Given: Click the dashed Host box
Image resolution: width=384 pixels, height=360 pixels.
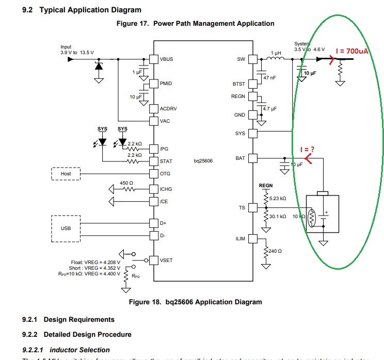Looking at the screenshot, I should click(x=66, y=174).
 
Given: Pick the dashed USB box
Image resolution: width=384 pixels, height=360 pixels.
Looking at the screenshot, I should click(x=66, y=228).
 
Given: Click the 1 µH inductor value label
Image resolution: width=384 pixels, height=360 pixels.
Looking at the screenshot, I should click(x=276, y=54).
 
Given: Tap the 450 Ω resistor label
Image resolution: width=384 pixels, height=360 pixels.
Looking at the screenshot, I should click(x=127, y=183).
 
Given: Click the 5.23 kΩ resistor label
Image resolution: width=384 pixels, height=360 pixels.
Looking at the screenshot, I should click(x=277, y=198).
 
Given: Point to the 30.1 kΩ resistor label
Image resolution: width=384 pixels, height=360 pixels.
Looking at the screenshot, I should click(x=277, y=216).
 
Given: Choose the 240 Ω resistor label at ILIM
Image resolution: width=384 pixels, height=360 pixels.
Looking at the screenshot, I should click(x=275, y=251).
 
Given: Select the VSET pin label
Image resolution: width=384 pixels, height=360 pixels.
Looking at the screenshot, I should click(x=167, y=260).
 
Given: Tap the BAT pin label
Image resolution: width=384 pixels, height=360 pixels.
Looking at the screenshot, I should click(x=239, y=158).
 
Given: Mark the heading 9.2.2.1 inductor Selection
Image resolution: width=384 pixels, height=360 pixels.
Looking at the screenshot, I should click(x=66, y=350).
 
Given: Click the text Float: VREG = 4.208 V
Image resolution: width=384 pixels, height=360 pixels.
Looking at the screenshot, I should click(x=97, y=262).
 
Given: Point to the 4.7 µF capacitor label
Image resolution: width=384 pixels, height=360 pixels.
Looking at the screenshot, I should click(x=270, y=109).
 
